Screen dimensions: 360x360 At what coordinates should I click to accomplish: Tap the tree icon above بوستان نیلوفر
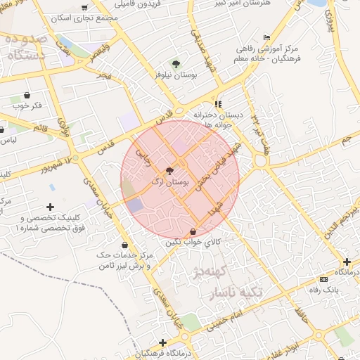point(176,64)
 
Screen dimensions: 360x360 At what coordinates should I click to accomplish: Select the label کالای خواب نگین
point(193,241)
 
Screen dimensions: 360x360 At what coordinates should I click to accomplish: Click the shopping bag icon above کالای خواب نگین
point(193,231)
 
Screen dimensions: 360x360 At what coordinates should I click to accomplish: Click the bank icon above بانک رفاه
point(323,280)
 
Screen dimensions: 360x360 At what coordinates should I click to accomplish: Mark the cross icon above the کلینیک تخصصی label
point(49,207)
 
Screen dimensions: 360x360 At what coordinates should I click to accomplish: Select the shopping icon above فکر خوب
point(27,95)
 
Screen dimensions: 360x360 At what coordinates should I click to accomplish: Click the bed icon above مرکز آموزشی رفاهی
point(266,37)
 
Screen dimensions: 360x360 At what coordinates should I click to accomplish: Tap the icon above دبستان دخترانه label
point(218,103)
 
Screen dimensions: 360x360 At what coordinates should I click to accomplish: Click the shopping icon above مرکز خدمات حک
point(124,245)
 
